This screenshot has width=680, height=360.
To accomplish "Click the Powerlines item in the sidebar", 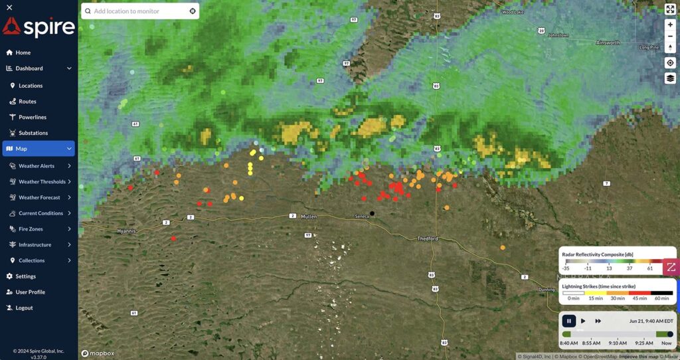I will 32,117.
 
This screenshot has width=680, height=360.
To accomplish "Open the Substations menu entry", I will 33,133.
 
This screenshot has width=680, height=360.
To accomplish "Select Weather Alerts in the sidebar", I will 37,166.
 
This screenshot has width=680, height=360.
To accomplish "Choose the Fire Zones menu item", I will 31,229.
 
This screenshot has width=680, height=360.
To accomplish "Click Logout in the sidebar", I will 24,308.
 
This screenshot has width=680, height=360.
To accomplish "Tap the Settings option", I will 25,276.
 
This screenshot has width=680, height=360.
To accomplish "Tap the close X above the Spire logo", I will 9,7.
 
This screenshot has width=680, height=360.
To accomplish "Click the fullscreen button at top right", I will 670,9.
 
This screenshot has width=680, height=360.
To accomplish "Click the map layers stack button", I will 670,78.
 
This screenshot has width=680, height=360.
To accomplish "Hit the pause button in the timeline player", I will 569,321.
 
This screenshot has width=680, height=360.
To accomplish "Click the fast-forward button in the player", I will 598,321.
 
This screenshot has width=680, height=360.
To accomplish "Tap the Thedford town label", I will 427,238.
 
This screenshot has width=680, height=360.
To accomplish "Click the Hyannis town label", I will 126,230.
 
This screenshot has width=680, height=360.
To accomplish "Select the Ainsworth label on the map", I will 608,43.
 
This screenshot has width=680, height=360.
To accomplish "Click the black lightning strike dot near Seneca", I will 373,213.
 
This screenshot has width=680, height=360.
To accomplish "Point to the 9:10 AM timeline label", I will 617,343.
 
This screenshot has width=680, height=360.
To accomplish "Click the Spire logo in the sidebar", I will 39,27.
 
